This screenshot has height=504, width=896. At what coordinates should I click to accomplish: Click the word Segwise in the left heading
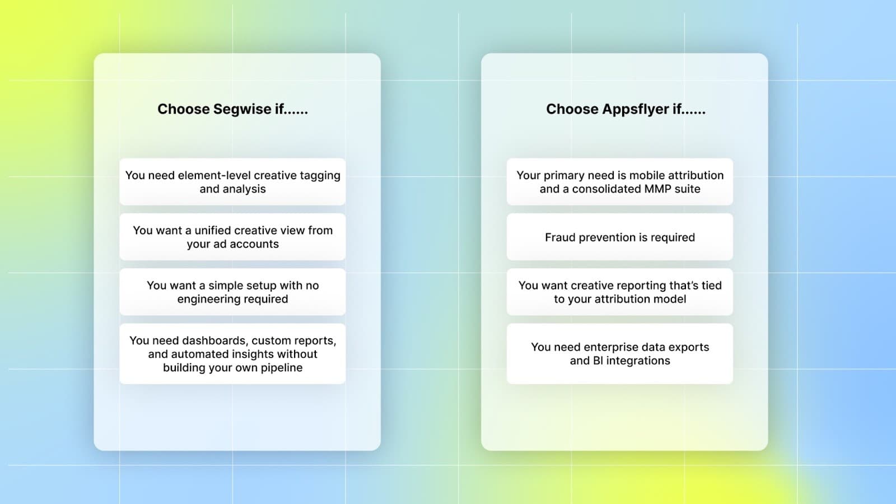242,109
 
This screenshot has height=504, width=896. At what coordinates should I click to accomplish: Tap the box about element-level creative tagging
232,182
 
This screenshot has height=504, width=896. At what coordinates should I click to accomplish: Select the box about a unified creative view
232,237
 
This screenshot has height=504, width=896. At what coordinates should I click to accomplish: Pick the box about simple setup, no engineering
232,292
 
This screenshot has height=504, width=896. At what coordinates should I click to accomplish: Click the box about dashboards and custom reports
232,354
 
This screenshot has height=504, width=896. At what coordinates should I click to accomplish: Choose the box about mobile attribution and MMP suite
620,182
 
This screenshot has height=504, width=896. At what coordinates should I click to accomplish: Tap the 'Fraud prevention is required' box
620,237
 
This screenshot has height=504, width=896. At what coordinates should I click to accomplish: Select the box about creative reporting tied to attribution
620,292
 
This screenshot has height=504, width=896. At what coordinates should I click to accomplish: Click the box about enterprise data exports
620,354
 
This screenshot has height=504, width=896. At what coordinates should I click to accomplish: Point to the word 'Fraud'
560,237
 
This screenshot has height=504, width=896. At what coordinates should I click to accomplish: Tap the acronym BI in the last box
598,361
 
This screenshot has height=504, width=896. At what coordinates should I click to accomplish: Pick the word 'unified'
212,230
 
